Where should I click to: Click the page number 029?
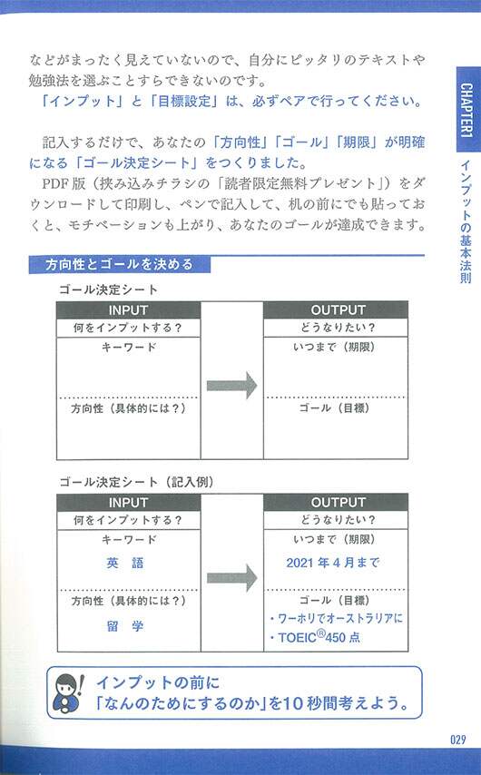(x=457, y=740)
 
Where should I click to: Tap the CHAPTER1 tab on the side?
(x=466, y=110)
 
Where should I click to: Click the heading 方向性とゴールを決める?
(x=119, y=264)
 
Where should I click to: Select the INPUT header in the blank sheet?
(x=128, y=309)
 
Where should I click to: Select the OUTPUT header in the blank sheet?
(x=339, y=309)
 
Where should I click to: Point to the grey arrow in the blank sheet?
(x=231, y=386)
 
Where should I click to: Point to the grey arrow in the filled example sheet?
(x=231, y=578)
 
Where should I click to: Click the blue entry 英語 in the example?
(x=125, y=563)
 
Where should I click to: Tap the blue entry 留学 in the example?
(x=125, y=626)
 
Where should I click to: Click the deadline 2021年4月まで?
(x=333, y=563)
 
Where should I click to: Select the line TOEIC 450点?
(x=315, y=637)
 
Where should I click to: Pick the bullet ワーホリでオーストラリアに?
(x=336, y=618)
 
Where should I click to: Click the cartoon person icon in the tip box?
(x=69, y=692)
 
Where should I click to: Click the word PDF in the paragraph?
(x=56, y=183)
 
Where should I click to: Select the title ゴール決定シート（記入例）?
(x=137, y=482)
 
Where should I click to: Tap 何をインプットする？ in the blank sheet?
(x=128, y=328)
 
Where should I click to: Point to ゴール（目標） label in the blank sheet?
(x=335, y=408)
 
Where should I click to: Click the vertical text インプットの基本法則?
(x=466, y=222)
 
